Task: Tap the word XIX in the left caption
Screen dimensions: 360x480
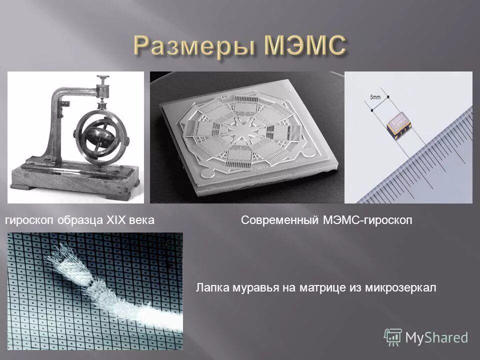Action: point(116,220)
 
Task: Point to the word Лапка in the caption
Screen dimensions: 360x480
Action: point(211,287)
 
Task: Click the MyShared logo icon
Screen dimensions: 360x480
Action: point(393,337)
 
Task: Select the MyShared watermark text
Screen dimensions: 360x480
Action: point(436,337)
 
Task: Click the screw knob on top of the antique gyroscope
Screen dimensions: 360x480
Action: point(103,80)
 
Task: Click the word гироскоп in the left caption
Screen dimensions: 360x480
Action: point(29,220)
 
